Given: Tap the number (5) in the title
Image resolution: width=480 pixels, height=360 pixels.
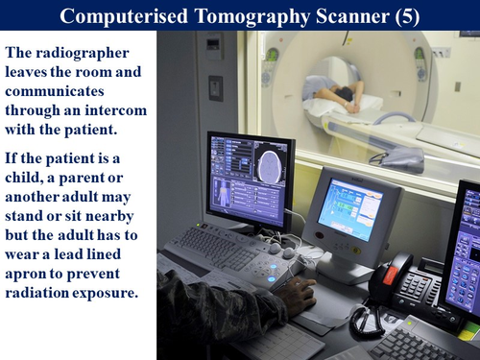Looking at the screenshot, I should tap(404, 15).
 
